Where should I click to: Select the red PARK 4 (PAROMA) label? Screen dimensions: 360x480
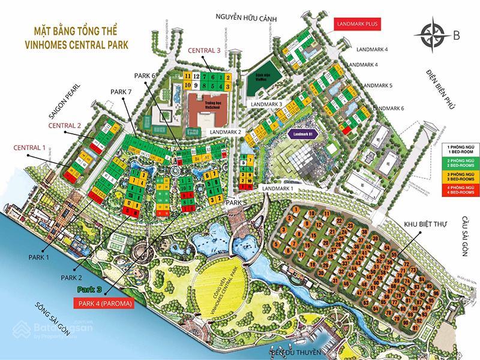click(x=103, y=304)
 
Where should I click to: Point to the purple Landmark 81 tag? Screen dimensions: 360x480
click(x=304, y=135)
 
